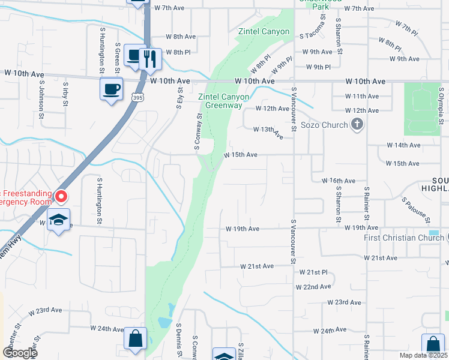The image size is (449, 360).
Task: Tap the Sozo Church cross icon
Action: tap(357, 125)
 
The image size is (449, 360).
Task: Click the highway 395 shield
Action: tap(138, 97)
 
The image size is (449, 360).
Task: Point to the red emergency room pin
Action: tap(61, 197)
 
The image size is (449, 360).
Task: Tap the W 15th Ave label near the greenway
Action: tap(241, 155)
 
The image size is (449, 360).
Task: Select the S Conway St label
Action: tap(198, 131)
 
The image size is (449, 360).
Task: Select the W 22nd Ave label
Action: tap(313, 287)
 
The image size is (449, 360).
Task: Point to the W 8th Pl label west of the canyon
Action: tap(178, 52)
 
